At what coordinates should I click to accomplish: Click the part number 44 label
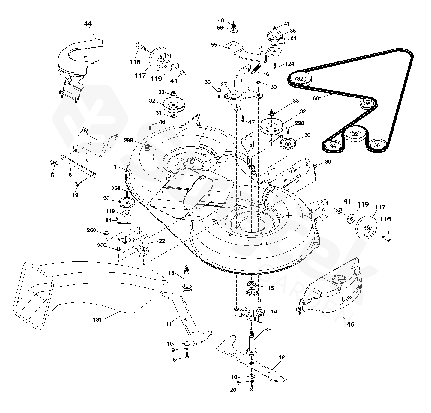(x=88, y=23)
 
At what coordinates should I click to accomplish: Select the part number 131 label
(x=98, y=319)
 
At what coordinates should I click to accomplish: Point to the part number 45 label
(x=350, y=324)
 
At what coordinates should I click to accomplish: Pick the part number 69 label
(x=268, y=330)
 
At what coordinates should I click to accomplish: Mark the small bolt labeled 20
(x=252, y=389)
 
